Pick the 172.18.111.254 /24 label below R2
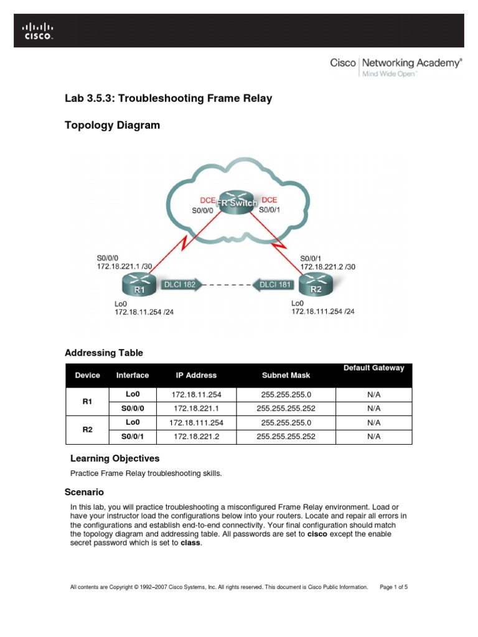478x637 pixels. click(322, 311)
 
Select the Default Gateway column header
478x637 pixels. click(373, 368)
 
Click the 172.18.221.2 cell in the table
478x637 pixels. click(196, 437)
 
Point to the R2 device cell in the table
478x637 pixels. click(87, 429)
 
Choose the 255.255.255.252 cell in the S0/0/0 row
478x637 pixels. click(286, 409)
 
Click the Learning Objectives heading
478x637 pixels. click(115, 458)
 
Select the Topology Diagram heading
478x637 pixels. click(112, 125)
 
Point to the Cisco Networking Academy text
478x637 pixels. click(396, 63)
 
